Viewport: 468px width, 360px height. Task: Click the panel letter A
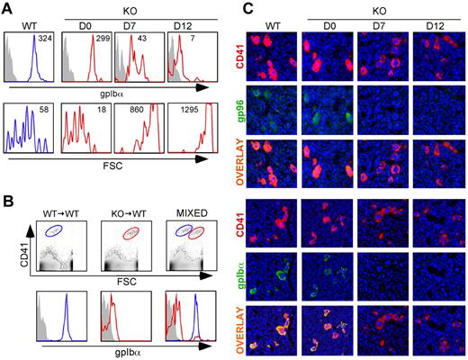(8, 8)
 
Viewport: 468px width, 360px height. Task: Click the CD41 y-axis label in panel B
(19, 238)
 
